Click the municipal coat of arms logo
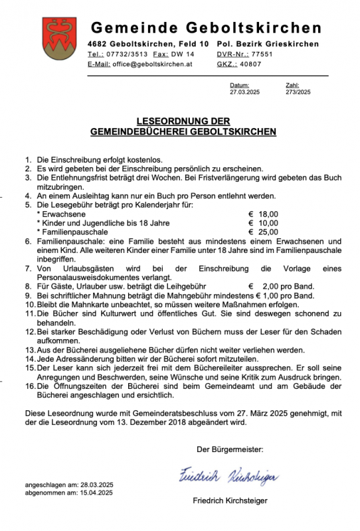(56, 38)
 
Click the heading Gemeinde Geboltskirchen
(206, 28)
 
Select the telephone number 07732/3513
(125, 54)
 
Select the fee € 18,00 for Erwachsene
(262, 214)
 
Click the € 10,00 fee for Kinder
(262, 224)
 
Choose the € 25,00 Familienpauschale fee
(262, 233)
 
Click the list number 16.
(30, 386)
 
